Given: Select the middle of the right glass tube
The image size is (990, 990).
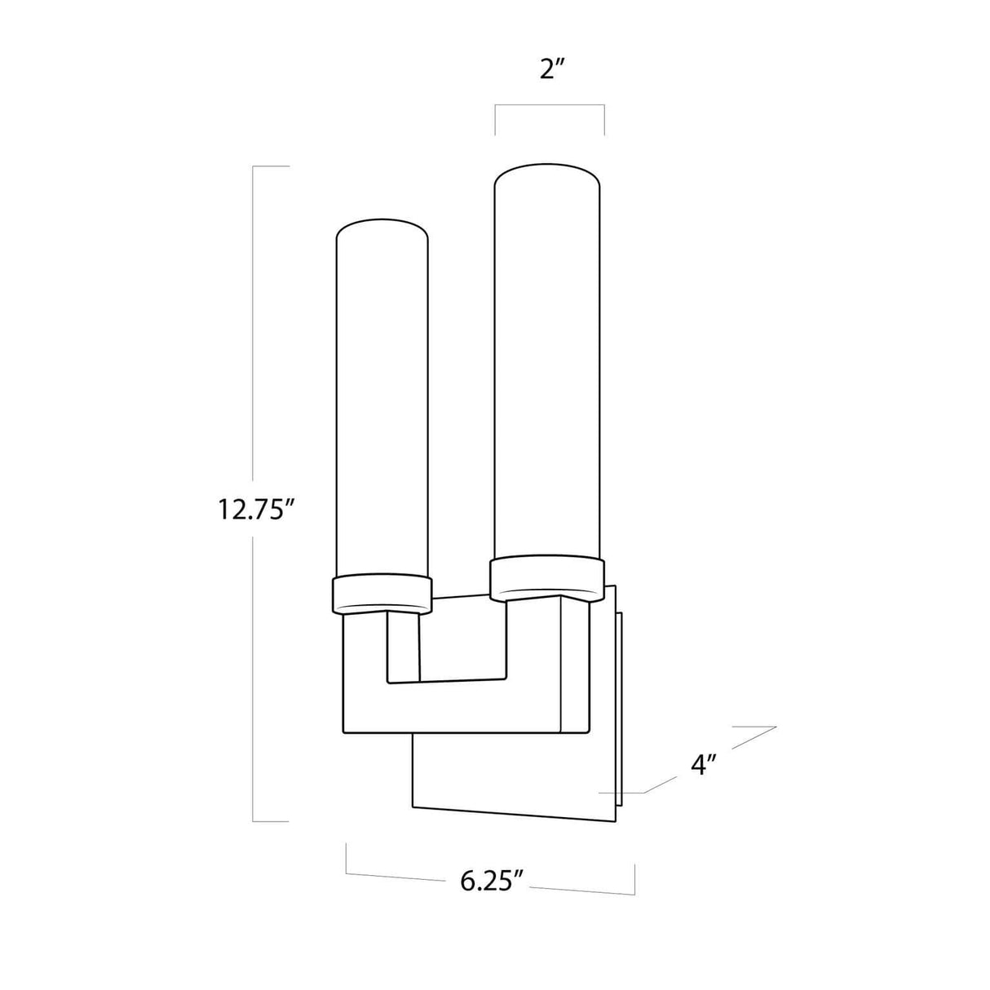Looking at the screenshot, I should coord(548,367).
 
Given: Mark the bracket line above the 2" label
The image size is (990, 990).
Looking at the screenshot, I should coord(550,105).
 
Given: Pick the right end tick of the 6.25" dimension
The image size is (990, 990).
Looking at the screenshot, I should coord(634,877).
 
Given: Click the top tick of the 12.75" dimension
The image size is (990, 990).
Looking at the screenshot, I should coord(272,166).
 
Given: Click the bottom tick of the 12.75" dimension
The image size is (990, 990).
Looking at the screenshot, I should coord(272,821).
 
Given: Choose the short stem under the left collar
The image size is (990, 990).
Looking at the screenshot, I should coord(404,644).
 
